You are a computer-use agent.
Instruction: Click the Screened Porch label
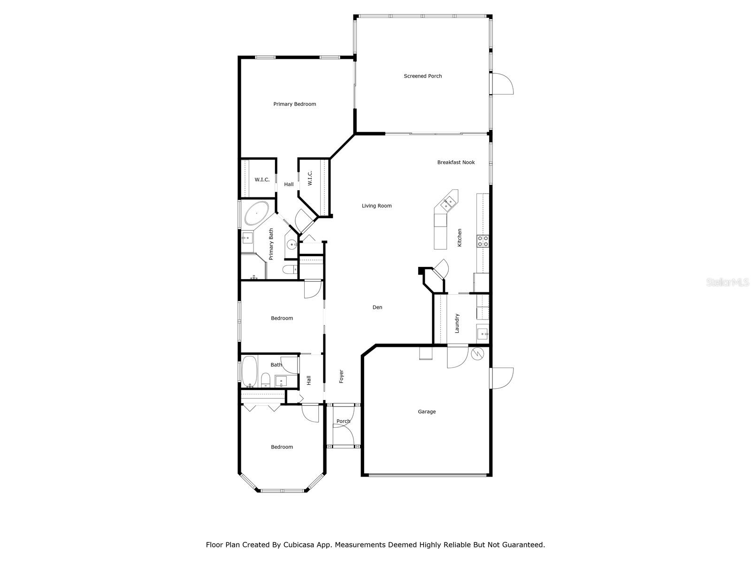pyautogui.click(x=422, y=76)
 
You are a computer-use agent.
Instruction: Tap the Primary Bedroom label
pyautogui.click(x=294, y=104)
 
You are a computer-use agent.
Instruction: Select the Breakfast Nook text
pyautogui.click(x=456, y=163)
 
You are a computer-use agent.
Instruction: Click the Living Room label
pyautogui.click(x=376, y=206)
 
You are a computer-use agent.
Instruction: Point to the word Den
pyautogui.click(x=377, y=307)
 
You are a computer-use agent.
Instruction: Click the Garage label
pyautogui.click(x=427, y=412)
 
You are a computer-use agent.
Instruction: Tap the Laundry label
pyautogui.click(x=457, y=323)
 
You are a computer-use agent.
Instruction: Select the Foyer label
pyautogui.click(x=341, y=376)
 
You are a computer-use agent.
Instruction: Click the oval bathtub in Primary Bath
pyautogui.click(x=256, y=214)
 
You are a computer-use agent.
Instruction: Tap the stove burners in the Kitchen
pyautogui.click(x=483, y=241)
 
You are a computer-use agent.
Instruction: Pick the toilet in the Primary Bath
pyautogui.click(x=290, y=269)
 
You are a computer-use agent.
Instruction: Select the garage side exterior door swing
pyautogui.click(x=503, y=378)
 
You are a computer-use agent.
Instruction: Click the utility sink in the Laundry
pyautogui.click(x=482, y=334)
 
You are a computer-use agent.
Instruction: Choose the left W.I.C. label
pyautogui.click(x=262, y=180)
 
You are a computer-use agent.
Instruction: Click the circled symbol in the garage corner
pyautogui.click(x=478, y=353)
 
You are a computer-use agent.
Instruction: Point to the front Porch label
pyautogui.click(x=343, y=422)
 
